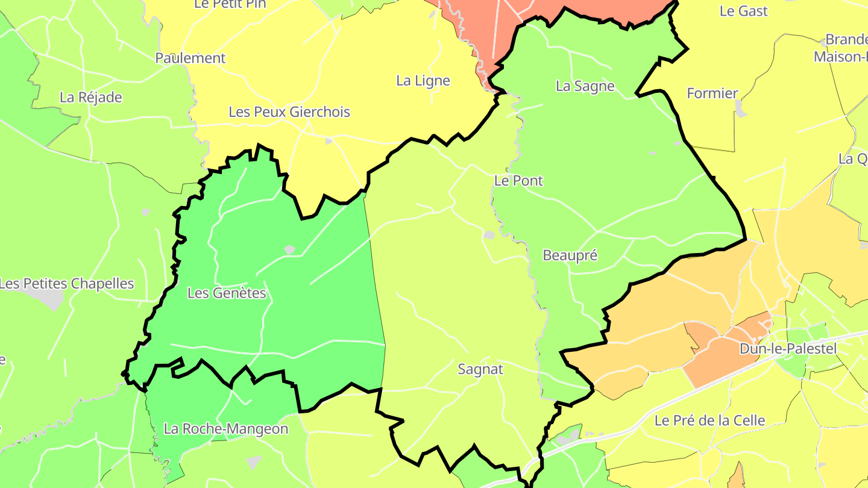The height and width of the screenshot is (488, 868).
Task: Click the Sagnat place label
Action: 480,369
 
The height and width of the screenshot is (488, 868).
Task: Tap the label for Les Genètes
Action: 227,293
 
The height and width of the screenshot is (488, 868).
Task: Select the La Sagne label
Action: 585,86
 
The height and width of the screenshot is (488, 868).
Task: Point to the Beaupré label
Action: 570,255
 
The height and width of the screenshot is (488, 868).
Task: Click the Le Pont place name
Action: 518,180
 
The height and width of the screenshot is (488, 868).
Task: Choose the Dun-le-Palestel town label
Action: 788,349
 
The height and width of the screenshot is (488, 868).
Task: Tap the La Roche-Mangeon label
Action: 226,429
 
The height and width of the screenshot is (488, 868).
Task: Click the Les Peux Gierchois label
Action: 289,112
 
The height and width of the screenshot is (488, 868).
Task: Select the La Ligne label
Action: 423,81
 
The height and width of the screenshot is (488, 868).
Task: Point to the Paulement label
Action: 190,58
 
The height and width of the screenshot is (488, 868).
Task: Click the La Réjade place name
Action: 91,98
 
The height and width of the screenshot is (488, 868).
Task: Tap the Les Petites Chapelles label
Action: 66,284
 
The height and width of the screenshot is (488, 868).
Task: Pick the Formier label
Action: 712,93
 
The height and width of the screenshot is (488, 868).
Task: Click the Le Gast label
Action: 744,11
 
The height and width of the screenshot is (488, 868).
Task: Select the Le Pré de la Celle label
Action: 709,421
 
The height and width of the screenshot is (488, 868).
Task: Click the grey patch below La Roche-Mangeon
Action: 254,462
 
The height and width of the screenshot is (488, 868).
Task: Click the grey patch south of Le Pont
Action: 489,234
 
